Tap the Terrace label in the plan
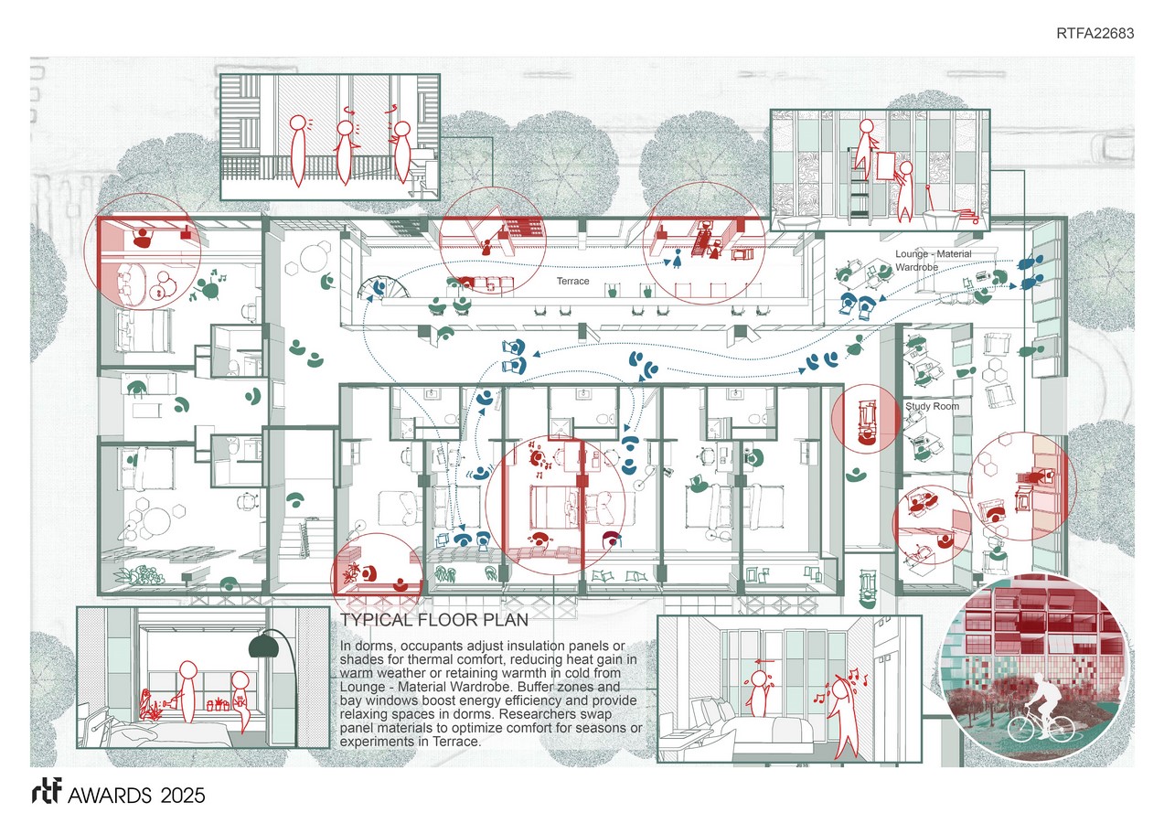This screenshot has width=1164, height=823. (x=573, y=282)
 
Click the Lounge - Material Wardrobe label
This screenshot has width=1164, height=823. (x=933, y=260)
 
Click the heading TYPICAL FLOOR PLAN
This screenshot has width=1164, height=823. (x=434, y=620)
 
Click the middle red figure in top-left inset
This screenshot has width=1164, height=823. (x=345, y=149)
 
